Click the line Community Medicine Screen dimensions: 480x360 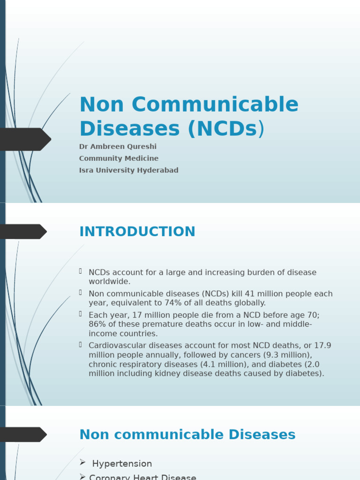click(x=119, y=158)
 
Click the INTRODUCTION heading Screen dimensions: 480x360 click(x=137, y=232)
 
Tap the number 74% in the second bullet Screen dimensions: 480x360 click(x=188, y=303)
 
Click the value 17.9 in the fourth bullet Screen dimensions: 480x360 click(x=322, y=345)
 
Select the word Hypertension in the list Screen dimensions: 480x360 click(x=122, y=464)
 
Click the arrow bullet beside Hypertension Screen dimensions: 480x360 click(x=82, y=463)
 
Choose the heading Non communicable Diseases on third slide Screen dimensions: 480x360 click(x=187, y=435)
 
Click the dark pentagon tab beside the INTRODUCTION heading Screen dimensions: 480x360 click(x=23, y=232)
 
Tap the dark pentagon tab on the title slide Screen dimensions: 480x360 click(x=24, y=139)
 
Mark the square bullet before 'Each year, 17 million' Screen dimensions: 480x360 click(x=81, y=314)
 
